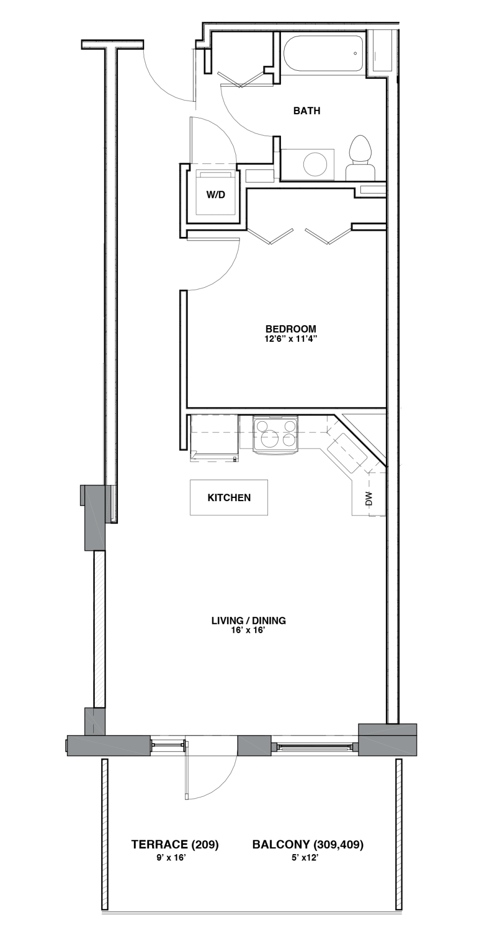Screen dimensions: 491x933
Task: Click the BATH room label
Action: pos(307,111)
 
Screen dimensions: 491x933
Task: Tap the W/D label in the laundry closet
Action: pos(215,195)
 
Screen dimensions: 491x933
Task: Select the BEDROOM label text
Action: pos(291,329)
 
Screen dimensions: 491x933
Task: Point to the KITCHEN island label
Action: pos(229,498)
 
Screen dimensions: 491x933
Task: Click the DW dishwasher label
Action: pos(368,499)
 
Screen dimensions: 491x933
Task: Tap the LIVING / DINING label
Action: pos(249,621)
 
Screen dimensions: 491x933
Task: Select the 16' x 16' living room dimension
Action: pos(249,631)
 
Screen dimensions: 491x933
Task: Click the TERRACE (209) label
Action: pos(175,845)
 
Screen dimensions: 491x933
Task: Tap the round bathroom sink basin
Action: pos(315,164)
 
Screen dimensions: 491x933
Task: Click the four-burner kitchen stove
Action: pos(276,435)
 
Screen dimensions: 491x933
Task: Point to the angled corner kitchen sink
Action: pos(347,452)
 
